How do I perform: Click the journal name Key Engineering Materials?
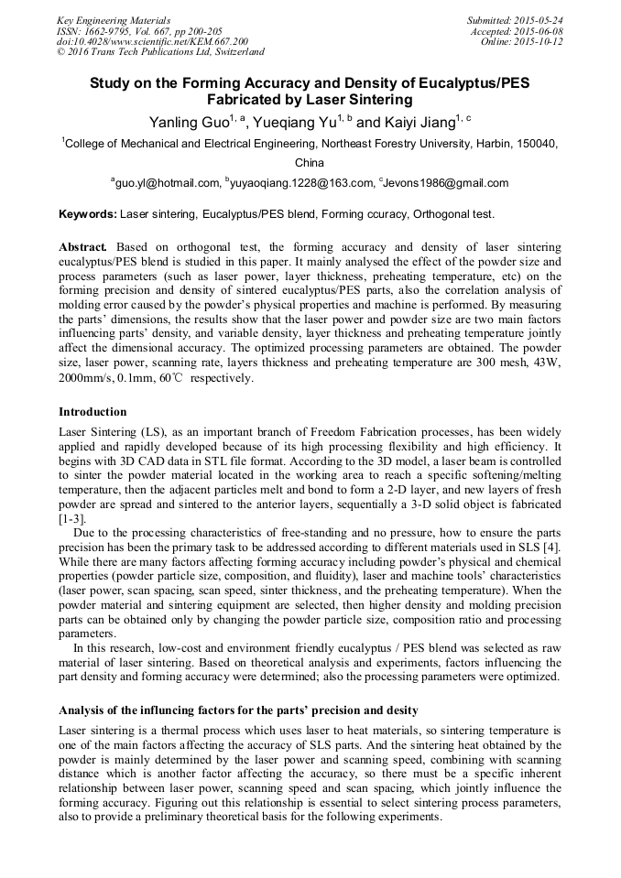(113, 19)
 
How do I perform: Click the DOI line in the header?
(151, 41)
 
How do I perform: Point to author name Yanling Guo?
(186, 122)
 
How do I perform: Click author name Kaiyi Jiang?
(412, 122)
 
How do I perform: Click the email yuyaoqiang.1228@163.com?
(302, 183)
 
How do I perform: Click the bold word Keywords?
(88, 214)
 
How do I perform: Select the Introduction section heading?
(93, 412)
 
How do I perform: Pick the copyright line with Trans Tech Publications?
(160, 52)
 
